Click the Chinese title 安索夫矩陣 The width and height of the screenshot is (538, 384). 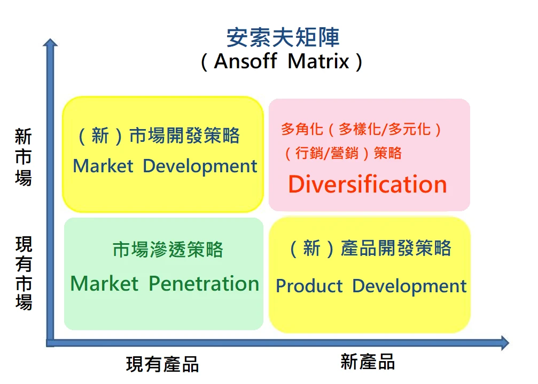(x=283, y=37)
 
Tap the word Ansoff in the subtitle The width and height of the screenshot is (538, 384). (x=245, y=61)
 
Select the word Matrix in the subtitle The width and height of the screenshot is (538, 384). (x=318, y=61)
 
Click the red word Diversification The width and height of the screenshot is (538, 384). (x=368, y=184)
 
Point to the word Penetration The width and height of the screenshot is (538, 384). (x=204, y=284)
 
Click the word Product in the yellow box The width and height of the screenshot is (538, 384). (x=309, y=286)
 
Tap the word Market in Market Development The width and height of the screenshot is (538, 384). (x=103, y=166)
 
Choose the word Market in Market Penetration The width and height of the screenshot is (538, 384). (x=104, y=284)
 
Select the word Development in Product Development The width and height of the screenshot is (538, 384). (x=409, y=286)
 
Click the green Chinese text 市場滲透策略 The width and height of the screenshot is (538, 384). (x=168, y=249)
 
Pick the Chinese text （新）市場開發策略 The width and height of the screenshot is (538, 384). (x=159, y=135)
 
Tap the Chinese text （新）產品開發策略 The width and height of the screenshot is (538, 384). (x=370, y=248)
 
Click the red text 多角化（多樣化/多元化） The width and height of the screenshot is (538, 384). (x=361, y=129)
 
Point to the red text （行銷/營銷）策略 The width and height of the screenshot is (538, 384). (x=343, y=153)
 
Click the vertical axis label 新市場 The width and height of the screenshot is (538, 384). (x=24, y=157)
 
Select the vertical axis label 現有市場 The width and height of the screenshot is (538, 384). (x=24, y=273)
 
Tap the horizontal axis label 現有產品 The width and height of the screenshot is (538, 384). (x=162, y=364)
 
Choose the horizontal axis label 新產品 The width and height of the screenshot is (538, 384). (x=368, y=362)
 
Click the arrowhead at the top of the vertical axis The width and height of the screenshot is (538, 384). (x=50, y=43)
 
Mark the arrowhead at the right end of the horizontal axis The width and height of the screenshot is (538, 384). (x=505, y=343)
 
